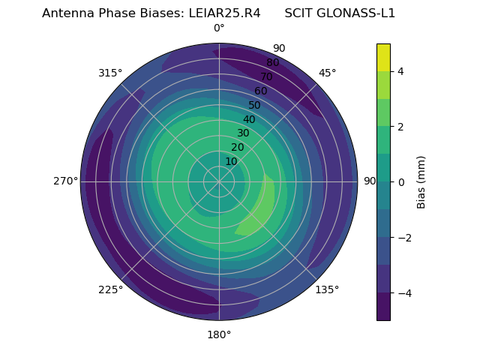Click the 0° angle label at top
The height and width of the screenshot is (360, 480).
coord(219,28)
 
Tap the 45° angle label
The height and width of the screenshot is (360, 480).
coord(327,73)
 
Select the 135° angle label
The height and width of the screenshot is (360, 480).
coord(327,289)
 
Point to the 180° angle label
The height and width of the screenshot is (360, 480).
coord(219,334)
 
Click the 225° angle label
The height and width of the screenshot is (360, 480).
coord(110,289)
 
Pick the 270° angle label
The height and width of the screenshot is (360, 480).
coord(65,181)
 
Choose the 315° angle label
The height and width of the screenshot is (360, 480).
coord(110,73)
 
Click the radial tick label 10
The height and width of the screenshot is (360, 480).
coord(231,162)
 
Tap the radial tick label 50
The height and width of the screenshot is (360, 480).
coord(255,105)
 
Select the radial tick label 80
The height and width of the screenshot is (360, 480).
coord(273,62)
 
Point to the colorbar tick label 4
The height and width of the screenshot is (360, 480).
coord(400,71)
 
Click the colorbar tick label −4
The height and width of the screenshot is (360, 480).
coord(405,292)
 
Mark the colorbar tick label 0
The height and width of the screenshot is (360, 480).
coord(400,181)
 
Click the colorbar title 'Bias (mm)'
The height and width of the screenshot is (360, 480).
coord(421,181)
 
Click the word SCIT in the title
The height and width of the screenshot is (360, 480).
coord(298,13)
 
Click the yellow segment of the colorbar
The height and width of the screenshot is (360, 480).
coord(383,57)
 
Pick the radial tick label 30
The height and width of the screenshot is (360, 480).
coord(243,133)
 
